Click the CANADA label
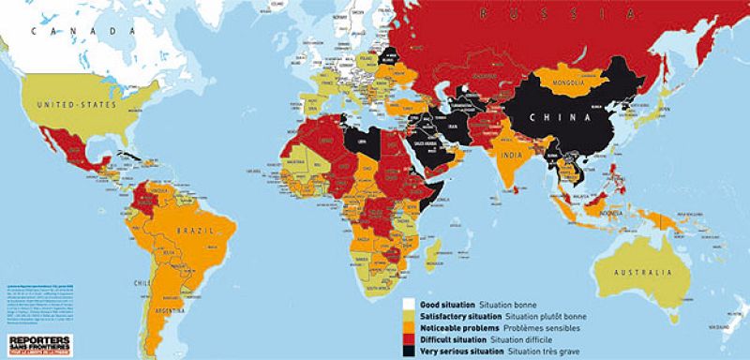tap(67, 31)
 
